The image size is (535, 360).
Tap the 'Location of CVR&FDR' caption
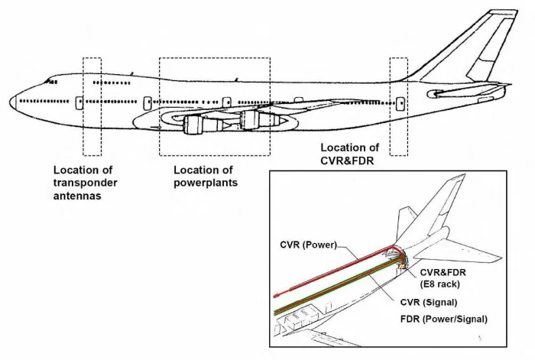[349, 153]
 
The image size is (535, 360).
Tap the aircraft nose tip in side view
[12, 100]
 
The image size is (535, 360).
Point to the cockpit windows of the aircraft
[50, 80]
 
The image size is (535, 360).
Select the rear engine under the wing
[252, 120]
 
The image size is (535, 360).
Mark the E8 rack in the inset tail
[401, 261]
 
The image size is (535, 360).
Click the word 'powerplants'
[206, 183]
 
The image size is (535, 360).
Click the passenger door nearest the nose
[79, 102]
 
